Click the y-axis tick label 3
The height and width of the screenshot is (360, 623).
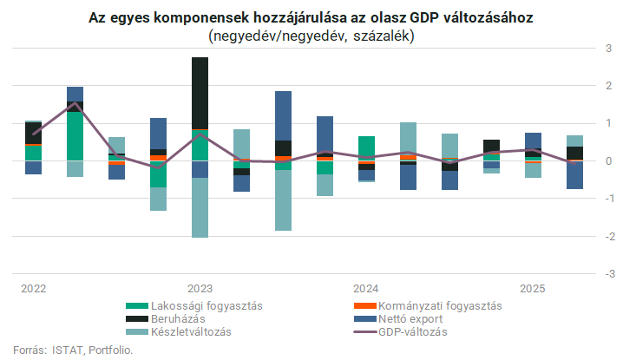click(607, 49)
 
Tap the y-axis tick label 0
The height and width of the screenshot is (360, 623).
click(607, 161)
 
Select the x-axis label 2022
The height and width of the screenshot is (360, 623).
click(34, 288)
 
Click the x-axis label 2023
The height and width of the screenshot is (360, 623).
click(200, 288)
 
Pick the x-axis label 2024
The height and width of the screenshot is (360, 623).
click(365, 288)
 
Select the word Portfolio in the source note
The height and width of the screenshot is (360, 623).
click(110, 350)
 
